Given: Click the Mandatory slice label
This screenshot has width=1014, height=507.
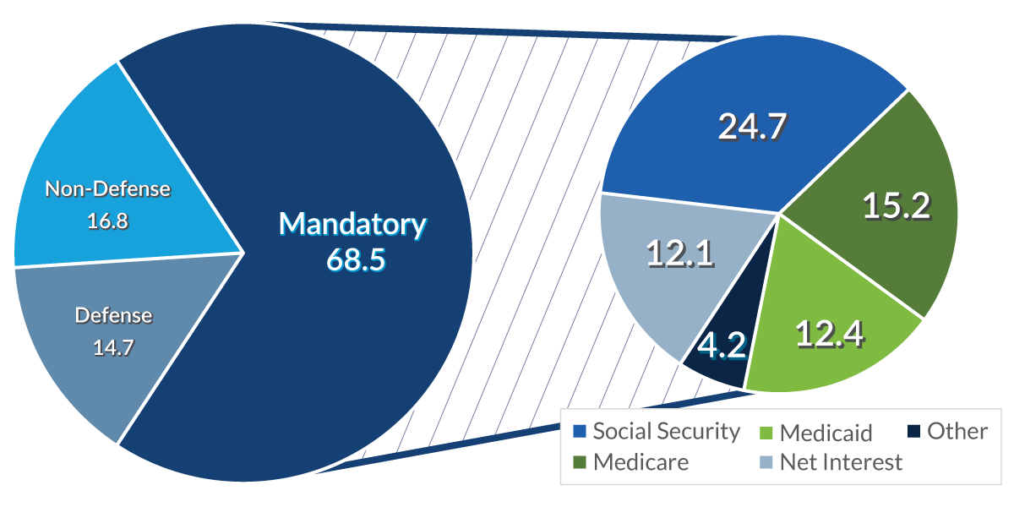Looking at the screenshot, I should (353, 225).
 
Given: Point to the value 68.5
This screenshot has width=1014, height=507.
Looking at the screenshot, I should (356, 259).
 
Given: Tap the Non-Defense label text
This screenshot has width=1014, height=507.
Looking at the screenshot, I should (107, 189).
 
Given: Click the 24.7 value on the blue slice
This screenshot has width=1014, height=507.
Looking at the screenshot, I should (752, 126).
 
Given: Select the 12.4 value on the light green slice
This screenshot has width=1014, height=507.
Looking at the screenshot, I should (829, 335).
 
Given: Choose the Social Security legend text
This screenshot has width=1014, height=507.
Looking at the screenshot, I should (666, 431).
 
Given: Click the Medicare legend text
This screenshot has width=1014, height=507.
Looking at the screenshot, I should (641, 462).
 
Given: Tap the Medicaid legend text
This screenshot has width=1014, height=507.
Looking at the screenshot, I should (826, 433).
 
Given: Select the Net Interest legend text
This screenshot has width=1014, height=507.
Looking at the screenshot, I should (841, 462).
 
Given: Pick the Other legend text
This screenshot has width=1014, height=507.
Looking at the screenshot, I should (957, 431).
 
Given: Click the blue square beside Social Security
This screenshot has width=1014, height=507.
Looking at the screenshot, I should (580, 432).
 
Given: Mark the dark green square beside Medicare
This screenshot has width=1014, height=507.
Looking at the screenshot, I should (580, 463).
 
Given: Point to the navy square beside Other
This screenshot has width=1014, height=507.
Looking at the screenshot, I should (913, 432).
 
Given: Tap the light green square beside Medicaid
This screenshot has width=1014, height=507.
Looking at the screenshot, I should (766, 433).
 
